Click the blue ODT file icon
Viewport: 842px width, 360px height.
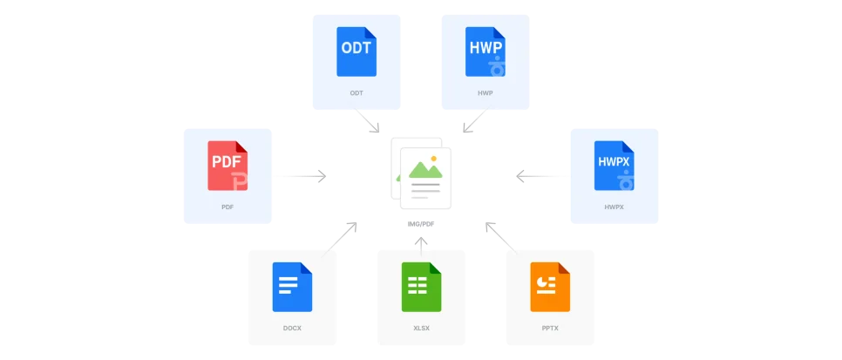(x=356, y=51)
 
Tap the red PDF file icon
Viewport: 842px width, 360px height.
(x=227, y=165)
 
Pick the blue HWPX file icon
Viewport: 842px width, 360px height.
(x=613, y=165)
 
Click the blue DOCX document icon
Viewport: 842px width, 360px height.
(x=292, y=287)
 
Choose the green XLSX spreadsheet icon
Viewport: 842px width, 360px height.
(x=421, y=287)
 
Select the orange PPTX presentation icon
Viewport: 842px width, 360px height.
(x=550, y=287)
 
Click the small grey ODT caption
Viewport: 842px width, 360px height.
(x=356, y=92)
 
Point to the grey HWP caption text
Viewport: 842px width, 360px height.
(x=485, y=92)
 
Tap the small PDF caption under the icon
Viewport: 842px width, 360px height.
(x=227, y=207)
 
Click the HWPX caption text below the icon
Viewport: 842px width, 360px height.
(x=613, y=207)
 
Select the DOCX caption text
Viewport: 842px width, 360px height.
(x=292, y=329)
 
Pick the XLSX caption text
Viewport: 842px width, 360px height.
(x=421, y=329)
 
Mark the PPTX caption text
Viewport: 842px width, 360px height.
(x=550, y=329)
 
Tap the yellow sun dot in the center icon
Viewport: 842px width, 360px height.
(x=433, y=158)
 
